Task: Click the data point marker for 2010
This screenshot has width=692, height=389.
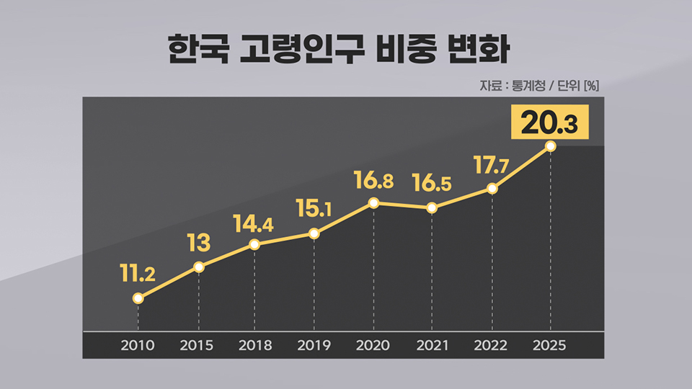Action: (138, 298)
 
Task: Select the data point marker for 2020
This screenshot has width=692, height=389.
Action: (373, 202)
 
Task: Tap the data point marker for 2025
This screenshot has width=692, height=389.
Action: (551, 146)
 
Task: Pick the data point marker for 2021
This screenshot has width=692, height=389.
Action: (432, 208)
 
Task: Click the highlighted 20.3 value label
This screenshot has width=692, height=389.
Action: (549, 122)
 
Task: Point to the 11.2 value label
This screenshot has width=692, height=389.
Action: (138, 273)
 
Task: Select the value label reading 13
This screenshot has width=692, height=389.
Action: (198, 243)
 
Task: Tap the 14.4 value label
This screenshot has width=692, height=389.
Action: (253, 223)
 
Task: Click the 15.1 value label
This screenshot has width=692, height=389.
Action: (314, 209)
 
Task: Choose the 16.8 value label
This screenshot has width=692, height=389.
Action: (373, 180)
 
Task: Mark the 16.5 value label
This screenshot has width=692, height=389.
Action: (432, 183)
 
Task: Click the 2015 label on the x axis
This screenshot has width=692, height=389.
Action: (197, 346)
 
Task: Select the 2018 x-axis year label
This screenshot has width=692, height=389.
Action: (255, 346)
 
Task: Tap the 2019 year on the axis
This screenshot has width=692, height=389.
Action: (314, 346)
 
